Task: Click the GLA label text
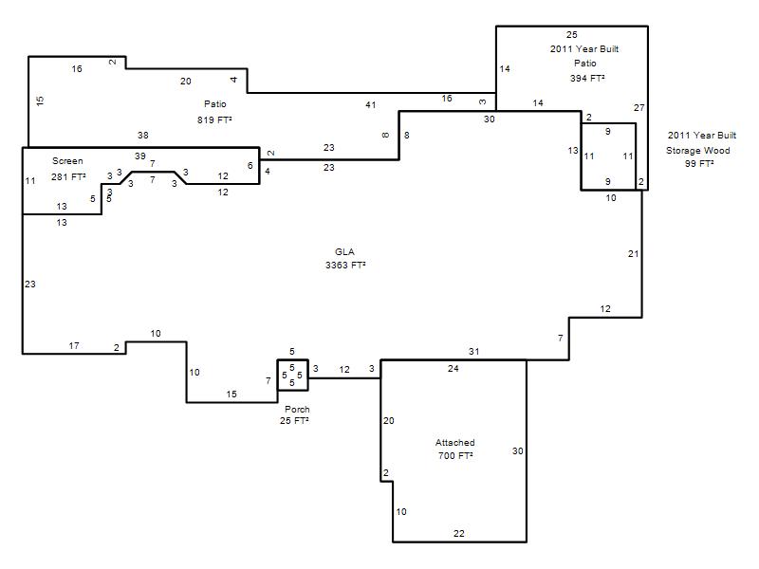click(x=344, y=251)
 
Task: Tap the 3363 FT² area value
click(x=345, y=265)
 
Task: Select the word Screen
click(x=67, y=161)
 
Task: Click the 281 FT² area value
click(x=68, y=176)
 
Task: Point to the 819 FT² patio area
click(x=214, y=119)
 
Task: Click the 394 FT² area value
click(x=587, y=78)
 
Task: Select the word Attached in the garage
click(x=454, y=442)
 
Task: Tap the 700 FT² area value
click(x=455, y=455)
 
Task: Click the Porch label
click(x=297, y=410)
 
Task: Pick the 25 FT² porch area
click(x=294, y=420)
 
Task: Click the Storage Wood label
click(x=697, y=151)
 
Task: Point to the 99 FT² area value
click(x=699, y=163)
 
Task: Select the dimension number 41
click(x=371, y=104)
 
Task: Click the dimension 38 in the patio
click(x=143, y=135)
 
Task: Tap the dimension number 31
click(x=473, y=351)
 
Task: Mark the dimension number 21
click(x=633, y=253)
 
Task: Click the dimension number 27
click(x=639, y=107)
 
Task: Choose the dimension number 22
click(x=459, y=533)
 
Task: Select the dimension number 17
click(x=74, y=345)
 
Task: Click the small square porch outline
click(x=277, y=375)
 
